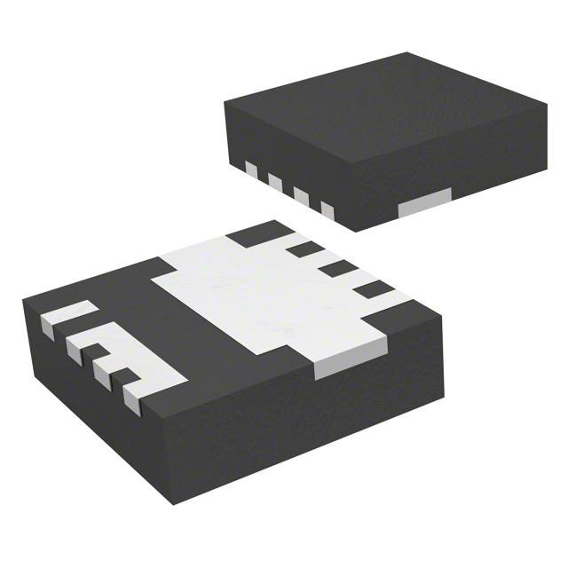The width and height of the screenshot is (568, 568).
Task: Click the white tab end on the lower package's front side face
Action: pos(338,366)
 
